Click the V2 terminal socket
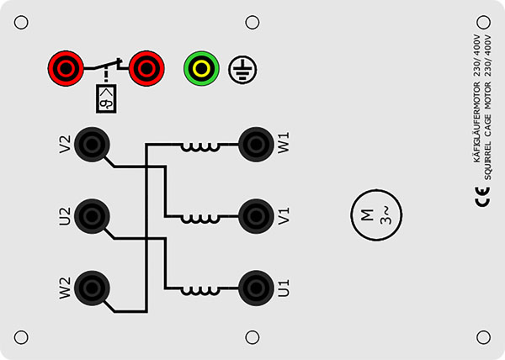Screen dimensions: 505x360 tap(92, 145)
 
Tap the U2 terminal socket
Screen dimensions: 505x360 tap(92, 216)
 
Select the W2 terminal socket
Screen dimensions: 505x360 tap(92, 288)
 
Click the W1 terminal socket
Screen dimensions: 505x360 tap(257, 145)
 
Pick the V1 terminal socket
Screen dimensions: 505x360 tap(257, 216)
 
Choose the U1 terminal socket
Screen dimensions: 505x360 tap(257, 288)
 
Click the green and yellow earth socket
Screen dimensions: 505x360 tap(202, 68)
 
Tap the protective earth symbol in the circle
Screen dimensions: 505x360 tap(242, 69)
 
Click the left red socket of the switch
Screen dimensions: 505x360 tap(66, 68)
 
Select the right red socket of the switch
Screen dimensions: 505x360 tap(146, 68)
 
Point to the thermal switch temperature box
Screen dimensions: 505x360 tap(106, 98)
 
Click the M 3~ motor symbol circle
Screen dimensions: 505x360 tap(376, 214)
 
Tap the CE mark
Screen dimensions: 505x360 tap(482, 197)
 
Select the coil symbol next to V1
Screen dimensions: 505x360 tap(200, 220)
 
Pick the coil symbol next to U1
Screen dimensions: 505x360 tap(200, 291)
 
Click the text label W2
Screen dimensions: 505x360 tap(65, 289)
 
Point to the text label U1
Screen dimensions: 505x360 tap(284, 288)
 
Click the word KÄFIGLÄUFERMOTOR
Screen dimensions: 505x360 tap(477, 123)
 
